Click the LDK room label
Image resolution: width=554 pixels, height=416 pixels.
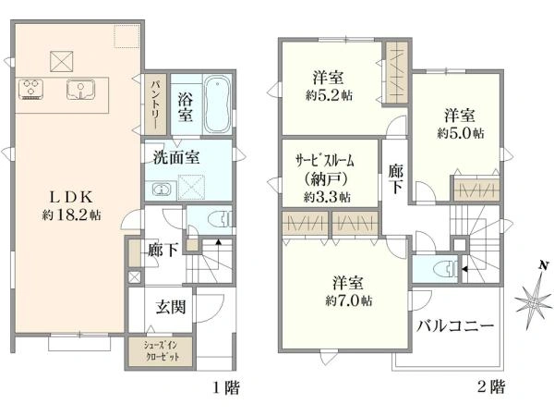coord(72,197)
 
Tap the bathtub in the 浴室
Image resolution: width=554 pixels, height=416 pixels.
coord(218,104)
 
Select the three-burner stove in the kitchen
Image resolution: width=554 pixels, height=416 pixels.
coord(31,89)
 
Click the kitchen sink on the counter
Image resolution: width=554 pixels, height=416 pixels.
coord(81,89)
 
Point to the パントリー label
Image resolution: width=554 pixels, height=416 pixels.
coord(156,104)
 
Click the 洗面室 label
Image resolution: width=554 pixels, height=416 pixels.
coord(176,157)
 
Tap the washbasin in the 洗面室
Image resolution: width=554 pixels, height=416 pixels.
coord(161,190)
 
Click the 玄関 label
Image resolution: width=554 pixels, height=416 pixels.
coord(171,307)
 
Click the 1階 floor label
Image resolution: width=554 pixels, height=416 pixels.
coord(226,387)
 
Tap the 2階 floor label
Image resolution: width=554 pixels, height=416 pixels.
coord(491,386)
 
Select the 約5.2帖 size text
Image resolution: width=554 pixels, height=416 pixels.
coord(329,95)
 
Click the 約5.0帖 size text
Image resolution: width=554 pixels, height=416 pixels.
coord(461,133)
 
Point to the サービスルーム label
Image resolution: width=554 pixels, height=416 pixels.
coord(325,161)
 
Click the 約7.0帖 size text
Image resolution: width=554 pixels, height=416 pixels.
coord(348,300)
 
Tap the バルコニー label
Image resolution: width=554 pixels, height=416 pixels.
coord(455,325)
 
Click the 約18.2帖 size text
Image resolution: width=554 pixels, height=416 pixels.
coord(72,214)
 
